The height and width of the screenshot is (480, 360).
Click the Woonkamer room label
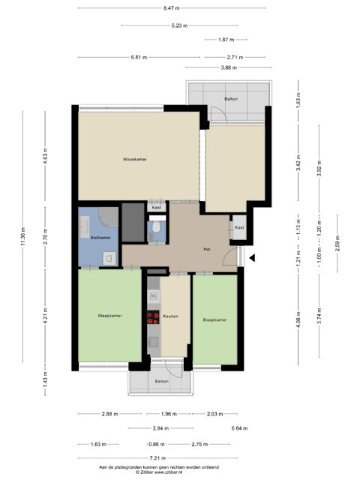coord(135,159)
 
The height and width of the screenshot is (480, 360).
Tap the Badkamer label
coord(100,237)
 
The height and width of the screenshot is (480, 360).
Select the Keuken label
coord(170,316)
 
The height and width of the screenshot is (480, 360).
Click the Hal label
coord(207,249)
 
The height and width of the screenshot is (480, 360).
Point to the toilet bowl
coord(157,226)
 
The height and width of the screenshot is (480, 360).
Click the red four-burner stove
coord(153,317)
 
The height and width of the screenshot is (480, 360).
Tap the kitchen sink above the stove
coord(153,296)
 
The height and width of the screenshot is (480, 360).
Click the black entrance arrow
coord(252,258)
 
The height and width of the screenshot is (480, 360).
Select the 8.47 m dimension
coord(172,8)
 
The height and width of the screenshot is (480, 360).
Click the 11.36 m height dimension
coord(23,237)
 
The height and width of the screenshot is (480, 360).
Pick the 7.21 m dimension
coord(157,458)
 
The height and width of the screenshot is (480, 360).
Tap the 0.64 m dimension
coord(239,428)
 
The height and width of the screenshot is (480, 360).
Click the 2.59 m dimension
coord(337,243)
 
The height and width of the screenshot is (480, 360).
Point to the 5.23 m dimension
coord(179,25)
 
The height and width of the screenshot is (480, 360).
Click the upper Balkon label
coord(231,99)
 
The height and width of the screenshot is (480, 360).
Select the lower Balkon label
coord(162,381)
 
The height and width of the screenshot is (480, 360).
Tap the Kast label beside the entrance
coord(239,227)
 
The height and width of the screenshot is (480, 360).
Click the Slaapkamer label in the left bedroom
coord(110,316)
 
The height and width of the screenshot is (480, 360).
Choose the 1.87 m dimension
coord(226,40)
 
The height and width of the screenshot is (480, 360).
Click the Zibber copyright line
coord(159,472)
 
